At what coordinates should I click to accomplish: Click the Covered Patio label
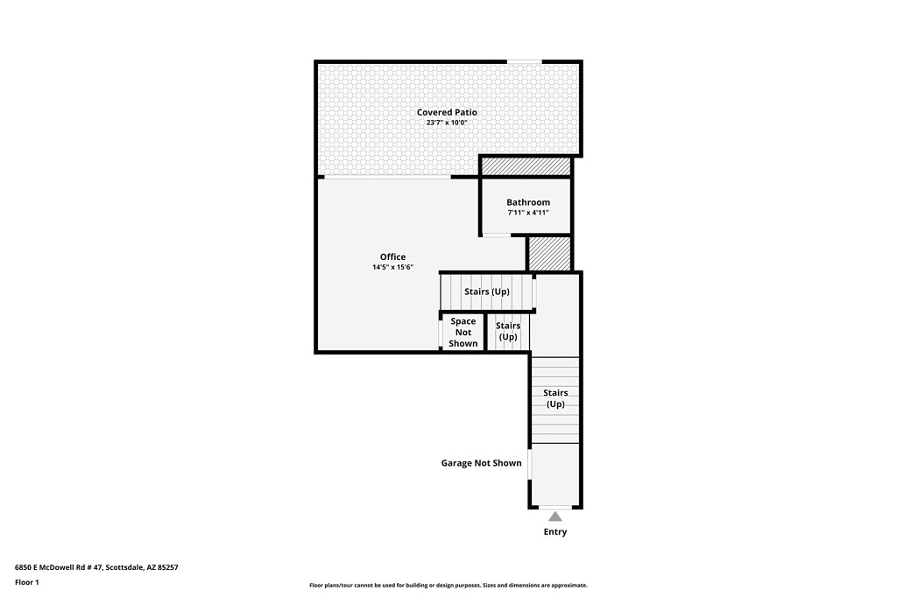446,112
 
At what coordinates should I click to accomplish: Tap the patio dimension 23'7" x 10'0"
447,123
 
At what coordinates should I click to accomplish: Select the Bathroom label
528,202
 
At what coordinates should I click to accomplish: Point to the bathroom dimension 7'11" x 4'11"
528,212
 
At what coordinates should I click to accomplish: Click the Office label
393,256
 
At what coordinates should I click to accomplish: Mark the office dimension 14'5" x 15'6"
393,267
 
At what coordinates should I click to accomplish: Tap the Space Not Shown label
463,333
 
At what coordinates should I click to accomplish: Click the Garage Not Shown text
481,462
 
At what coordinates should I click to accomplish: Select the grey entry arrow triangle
554,517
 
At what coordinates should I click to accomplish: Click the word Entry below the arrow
554,532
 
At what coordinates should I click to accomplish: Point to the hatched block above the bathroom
526,166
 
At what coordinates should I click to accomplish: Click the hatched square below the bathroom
548,253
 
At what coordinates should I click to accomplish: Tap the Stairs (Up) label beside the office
487,291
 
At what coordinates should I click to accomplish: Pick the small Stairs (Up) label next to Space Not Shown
508,331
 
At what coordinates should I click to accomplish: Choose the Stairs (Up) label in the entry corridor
554,398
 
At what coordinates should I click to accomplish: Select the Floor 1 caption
27,582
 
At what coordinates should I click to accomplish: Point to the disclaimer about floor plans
448,585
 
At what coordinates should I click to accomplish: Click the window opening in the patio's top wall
525,61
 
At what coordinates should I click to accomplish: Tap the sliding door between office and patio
387,178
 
